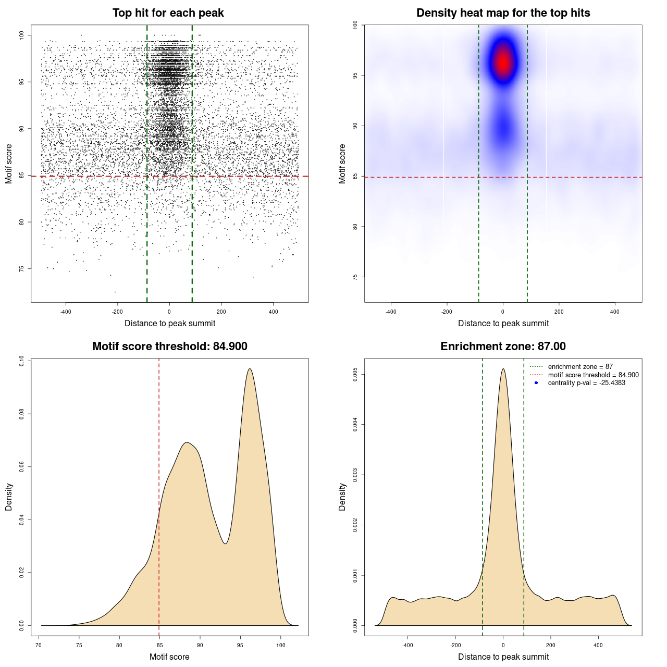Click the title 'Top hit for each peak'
[168, 13]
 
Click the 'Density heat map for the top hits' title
[503, 13]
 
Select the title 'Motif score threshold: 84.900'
[169, 347]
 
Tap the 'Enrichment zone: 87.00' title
[503, 347]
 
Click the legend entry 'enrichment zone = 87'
[580, 367]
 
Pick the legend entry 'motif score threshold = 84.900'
[593, 375]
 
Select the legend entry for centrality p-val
[586, 383]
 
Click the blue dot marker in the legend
[536, 383]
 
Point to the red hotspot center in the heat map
[503, 62]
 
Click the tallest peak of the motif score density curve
[250, 369]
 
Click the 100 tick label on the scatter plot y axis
[22, 35]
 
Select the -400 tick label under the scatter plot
[66, 312]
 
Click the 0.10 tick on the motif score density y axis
[22, 361]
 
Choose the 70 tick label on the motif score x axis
[39, 645]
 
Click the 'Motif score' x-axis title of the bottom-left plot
[169, 657]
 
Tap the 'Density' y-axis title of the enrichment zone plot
[342, 497]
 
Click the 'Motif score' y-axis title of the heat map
[342, 164]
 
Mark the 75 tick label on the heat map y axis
[355, 277]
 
